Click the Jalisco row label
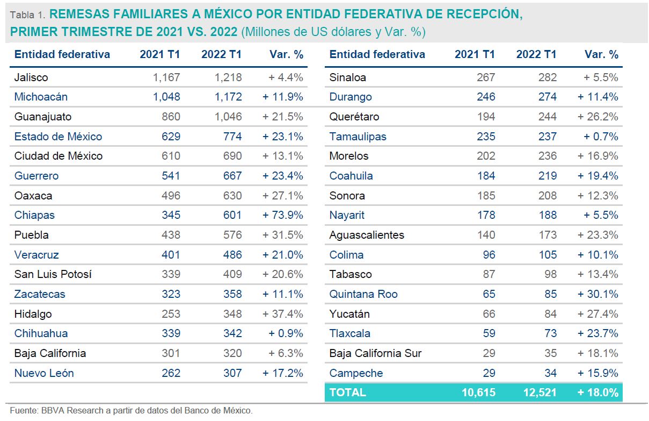[x=31, y=77]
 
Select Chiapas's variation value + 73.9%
[x=282, y=215]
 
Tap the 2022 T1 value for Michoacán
[x=228, y=97]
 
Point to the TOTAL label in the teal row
[x=347, y=393]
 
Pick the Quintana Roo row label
[x=363, y=294]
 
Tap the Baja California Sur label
[x=375, y=353]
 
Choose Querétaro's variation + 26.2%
[x=597, y=117]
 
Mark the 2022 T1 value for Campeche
[x=548, y=373]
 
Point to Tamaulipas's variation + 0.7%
[x=601, y=137]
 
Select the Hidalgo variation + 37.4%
[x=282, y=314]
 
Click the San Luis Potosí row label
[x=53, y=274]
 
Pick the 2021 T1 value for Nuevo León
[x=171, y=373]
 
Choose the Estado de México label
[x=58, y=137]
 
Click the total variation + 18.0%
[x=597, y=393]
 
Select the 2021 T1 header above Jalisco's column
[x=160, y=54]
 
